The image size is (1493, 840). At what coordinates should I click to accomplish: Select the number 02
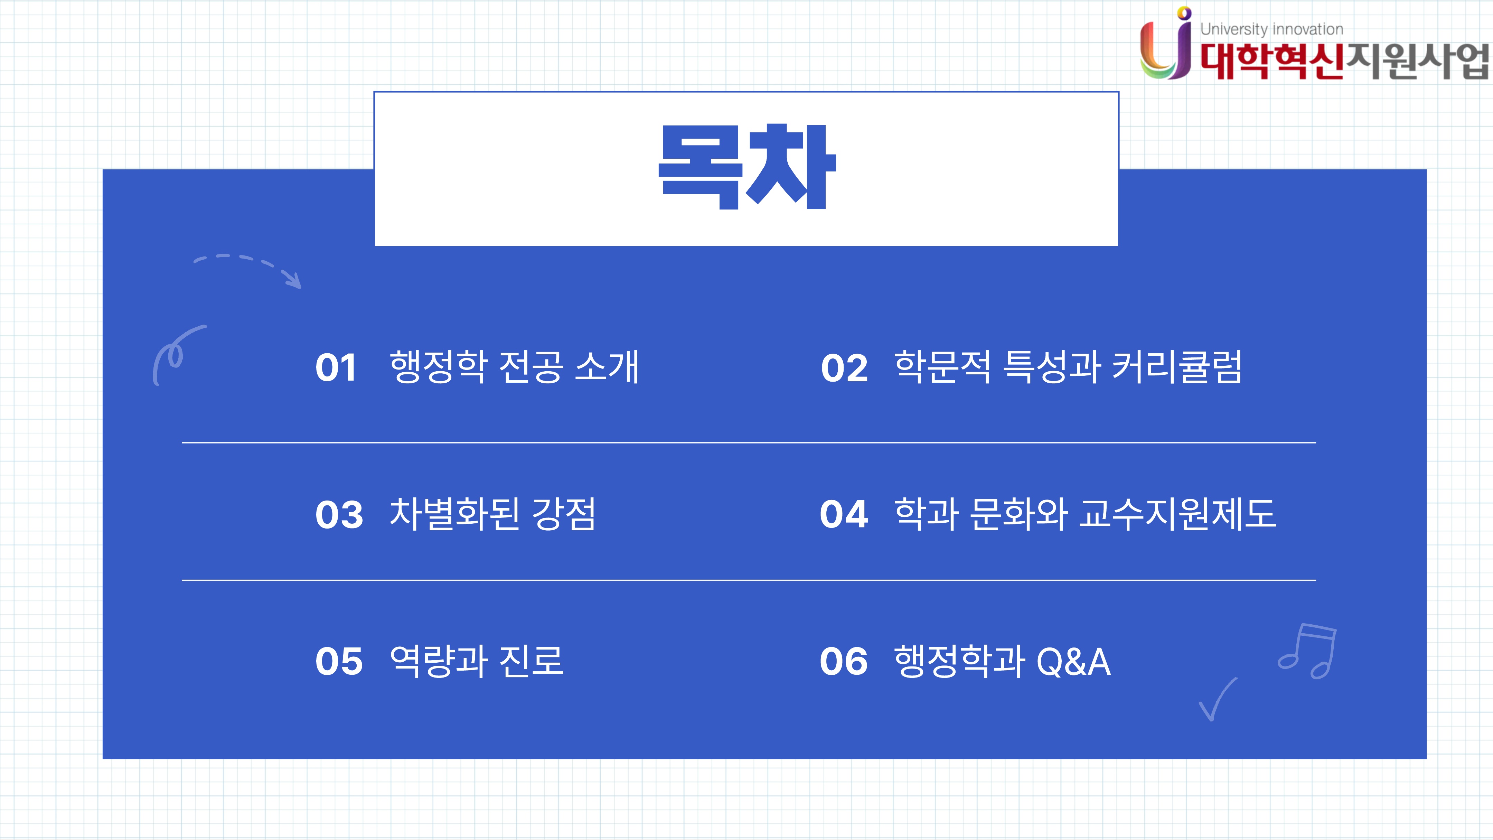point(844,367)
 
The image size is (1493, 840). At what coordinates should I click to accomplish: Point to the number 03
point(339,514)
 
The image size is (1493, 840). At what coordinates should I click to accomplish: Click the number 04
point(844,514)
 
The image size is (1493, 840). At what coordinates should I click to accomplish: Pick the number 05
point(339,661)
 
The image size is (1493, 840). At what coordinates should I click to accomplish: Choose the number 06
point(844,661)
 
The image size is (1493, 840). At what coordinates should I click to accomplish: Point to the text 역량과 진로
point(477,661)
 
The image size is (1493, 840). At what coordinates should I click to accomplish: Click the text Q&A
point(1073,661)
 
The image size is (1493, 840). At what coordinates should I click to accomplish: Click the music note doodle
point(1307,651)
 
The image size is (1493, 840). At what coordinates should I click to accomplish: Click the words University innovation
point(1271,29)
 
